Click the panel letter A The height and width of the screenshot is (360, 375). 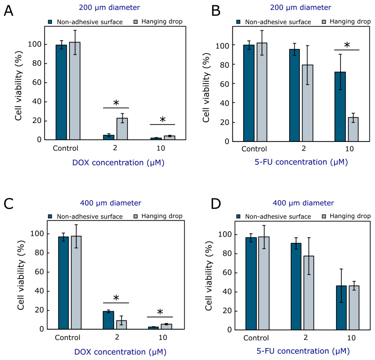pyautogui.click(x=8, y=11)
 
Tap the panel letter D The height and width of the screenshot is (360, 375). pyautogui.click(x=216, y=204)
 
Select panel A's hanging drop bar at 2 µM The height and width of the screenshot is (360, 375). pyautogui.click(x=122, y=129)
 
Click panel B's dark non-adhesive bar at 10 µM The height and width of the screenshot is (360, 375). pyautogui.click(x=340, y=107)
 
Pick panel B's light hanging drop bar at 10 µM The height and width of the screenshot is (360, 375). pyautogui.click(x=353, y=129)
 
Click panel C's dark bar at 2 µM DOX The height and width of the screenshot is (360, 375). pyautogui.click(x=108, y=320)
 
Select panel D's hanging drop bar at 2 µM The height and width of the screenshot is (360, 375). pyautogui.click(x=309, y=293)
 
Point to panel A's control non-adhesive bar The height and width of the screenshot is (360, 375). pyautogui.click(x=61, y=92)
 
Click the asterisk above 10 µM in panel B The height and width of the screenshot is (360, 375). pyautogui.click(x=347, y=45)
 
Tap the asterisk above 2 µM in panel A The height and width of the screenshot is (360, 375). pyautogui.click(x=116, y=103)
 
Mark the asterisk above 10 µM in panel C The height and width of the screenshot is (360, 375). pyautogui.click(x=160, y=312)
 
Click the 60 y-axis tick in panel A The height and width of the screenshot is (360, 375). pyautogui.click(x=37, y=83)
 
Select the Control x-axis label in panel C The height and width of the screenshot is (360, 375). pyautogui.click(x=67, y=338)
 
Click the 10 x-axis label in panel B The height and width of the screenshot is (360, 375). pyautogui.click(x=349, y=149)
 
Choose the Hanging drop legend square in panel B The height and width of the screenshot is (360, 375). pyautogui.click(x=324, y=22)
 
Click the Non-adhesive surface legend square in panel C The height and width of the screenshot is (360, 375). pyautogui.click(x=50, y=216)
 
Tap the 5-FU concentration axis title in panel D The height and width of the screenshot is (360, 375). pyautogui.click(x=303, y=351)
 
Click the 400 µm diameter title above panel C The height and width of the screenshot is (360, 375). pyautogui.click(x=110, y=203)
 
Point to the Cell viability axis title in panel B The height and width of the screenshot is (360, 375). pyautogui.click(x=206, y=87)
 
